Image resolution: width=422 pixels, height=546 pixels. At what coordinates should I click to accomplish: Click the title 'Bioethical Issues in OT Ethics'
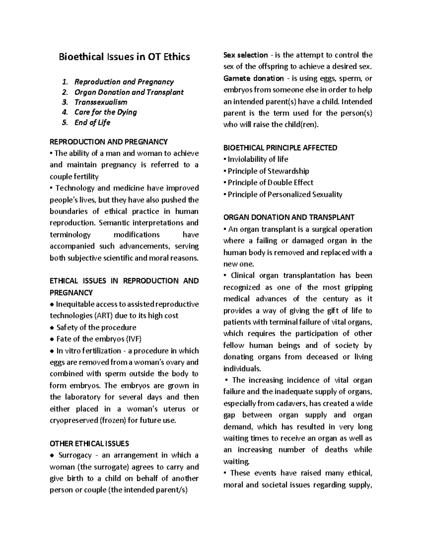pyautogui.click(x=124, y=57)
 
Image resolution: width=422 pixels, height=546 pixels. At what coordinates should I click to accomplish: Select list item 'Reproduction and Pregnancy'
pyautogui.click(x=124, y=82)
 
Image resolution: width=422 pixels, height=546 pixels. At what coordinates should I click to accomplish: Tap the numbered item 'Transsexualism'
pyautogui.click(x=101, y=102)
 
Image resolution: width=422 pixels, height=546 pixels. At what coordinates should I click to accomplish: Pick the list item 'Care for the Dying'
pyautogui.click(x=105, y=113)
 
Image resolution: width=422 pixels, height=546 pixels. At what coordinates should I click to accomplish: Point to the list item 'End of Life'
pyautogui.click(x=92, y=123)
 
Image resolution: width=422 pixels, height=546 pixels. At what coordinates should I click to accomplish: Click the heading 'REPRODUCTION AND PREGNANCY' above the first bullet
pyautogui.click(x=109, y=142)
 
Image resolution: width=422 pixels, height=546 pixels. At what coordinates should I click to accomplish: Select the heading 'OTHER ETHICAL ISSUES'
pyautogui.click(x=89, y=443)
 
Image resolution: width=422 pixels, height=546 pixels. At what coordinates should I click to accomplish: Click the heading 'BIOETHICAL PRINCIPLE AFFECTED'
pyautogui.click(x=280, y=148)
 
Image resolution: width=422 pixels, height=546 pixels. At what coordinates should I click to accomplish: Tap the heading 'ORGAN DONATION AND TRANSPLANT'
pyautogui.click(x=289, y=217)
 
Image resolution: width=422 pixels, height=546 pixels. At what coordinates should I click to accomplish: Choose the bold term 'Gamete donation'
pyautogui.click(x=253, y=78)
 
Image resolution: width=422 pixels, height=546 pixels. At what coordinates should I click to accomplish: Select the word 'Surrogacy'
pyautogui.click(x=75, y=455)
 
